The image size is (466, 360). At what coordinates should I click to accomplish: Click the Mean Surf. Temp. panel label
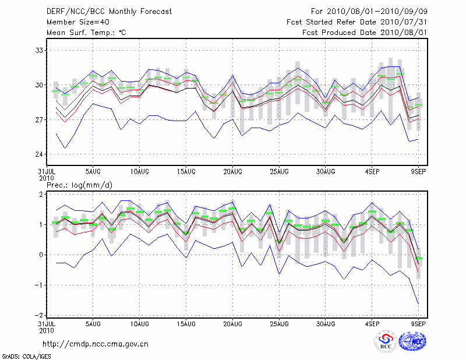coord(86,33)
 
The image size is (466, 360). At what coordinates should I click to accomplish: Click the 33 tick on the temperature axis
coord(39,50)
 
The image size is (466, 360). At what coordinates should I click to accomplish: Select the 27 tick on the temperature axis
coord(39,119)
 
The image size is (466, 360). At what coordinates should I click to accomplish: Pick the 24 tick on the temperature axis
coord(39,154)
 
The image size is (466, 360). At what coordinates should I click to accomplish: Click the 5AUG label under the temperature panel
coord(93,171)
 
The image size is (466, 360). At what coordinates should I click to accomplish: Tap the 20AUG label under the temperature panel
coord(232,171)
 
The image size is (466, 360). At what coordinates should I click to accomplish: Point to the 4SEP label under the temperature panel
coord(372,171)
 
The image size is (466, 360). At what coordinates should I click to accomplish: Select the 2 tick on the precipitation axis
coord(41,194)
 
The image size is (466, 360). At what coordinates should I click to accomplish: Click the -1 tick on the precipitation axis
coord(39,285)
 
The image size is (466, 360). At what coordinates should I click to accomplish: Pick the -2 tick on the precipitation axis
coord(39,315)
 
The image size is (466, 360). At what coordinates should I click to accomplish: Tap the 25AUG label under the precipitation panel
coord(279,323)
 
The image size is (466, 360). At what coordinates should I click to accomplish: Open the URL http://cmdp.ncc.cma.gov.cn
coord(96,344)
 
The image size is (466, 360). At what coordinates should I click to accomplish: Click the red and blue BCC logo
coord(386,343)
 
